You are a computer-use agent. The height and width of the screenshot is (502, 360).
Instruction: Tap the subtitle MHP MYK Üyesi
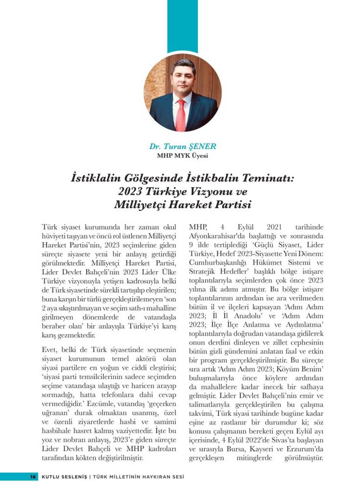click(182, 156)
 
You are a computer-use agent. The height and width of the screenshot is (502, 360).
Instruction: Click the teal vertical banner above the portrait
click(182, 25)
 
